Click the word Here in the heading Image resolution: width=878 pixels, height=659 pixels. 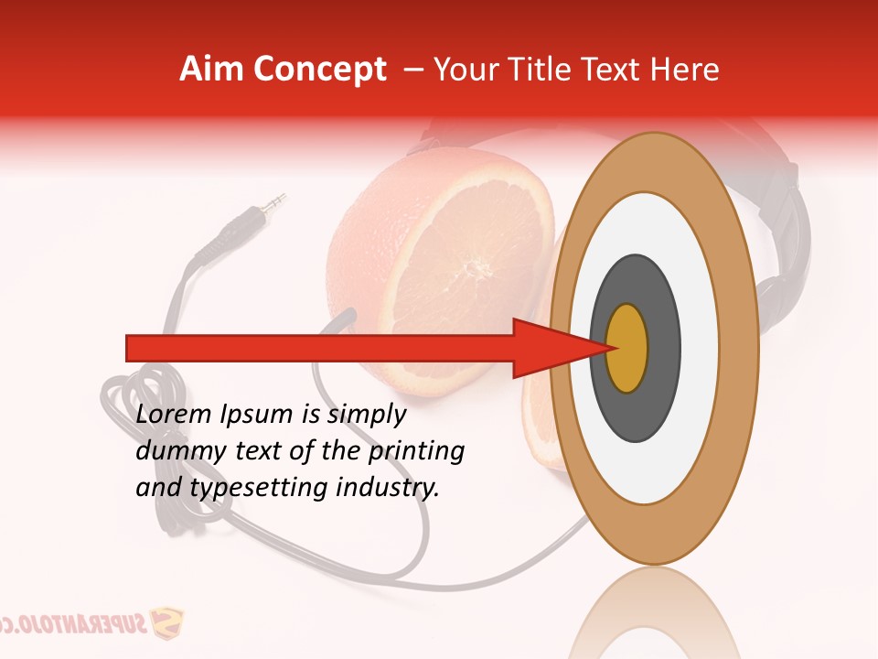coord(686,70)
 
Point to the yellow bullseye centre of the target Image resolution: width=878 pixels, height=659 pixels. coord(626,348)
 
